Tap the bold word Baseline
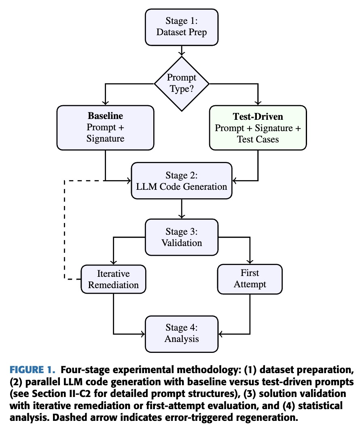pos(105,116)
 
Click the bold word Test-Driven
pos(258,117)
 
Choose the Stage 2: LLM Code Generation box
pos(182,181)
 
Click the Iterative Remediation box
pos(113,279)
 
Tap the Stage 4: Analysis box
pos(182,333)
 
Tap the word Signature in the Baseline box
pos(105,138)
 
